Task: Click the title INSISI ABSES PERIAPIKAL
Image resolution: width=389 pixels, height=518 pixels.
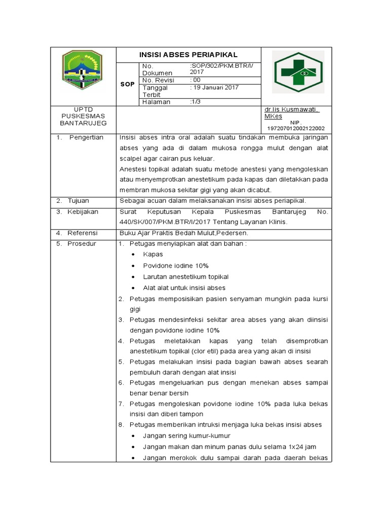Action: coord(188,55)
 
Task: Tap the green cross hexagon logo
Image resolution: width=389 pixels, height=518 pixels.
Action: coord(298,72)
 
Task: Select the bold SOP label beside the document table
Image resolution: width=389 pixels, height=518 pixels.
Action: coord(127,84)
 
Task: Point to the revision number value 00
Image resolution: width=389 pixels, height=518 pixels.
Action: coord(196,80)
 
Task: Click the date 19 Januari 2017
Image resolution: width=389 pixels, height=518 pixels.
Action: coord(214,88)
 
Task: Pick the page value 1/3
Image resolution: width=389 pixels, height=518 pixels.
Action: coord(195,102)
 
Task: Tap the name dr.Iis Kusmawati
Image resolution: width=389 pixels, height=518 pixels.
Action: coord(291,109)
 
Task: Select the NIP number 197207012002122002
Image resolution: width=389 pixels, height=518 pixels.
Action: coord(296,128)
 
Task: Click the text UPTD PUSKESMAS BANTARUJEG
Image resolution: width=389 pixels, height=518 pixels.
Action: coord(83,116)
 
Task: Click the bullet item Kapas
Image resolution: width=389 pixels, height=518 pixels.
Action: coord(153,254)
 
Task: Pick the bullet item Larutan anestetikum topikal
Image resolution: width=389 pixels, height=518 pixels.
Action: coord(185,277)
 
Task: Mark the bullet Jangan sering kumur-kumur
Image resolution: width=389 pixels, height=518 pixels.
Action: coord(186,436)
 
